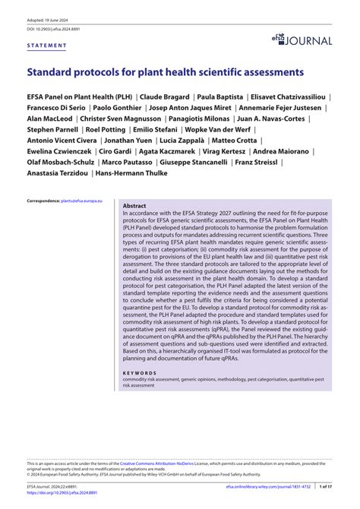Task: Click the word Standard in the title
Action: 54,73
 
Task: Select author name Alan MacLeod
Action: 49,119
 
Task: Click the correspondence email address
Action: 87,200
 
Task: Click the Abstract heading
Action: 134,206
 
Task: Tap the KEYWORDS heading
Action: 141,374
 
